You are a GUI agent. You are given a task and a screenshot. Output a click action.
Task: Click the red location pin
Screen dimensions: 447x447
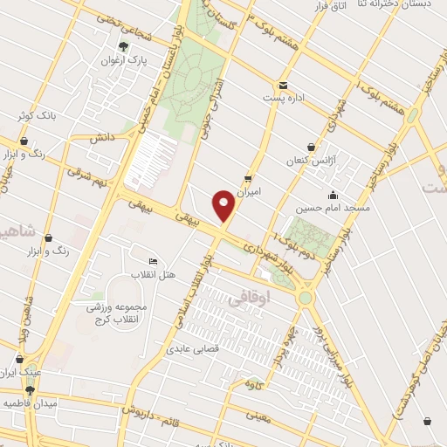pos(224,206)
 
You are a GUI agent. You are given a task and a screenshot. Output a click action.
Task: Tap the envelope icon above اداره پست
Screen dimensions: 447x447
pos(284,85)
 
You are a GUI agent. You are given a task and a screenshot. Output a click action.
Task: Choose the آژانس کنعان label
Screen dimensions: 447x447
pos(310,162)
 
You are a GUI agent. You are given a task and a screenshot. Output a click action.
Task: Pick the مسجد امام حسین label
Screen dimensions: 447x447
pos(333,210)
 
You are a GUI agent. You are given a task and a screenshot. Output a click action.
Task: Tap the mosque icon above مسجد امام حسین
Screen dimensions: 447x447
pos(333,195)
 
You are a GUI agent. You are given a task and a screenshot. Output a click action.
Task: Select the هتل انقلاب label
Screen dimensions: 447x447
pos(153,275)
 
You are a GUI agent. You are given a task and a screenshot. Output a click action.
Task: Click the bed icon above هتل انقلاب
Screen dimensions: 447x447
pos(153,261)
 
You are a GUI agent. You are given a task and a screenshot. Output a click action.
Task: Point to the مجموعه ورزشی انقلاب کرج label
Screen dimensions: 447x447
pos(118,313)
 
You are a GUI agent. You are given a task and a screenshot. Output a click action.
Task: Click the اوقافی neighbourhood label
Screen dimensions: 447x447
pos(251,299)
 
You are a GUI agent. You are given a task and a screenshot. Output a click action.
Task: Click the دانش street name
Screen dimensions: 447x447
pos(101,137)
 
